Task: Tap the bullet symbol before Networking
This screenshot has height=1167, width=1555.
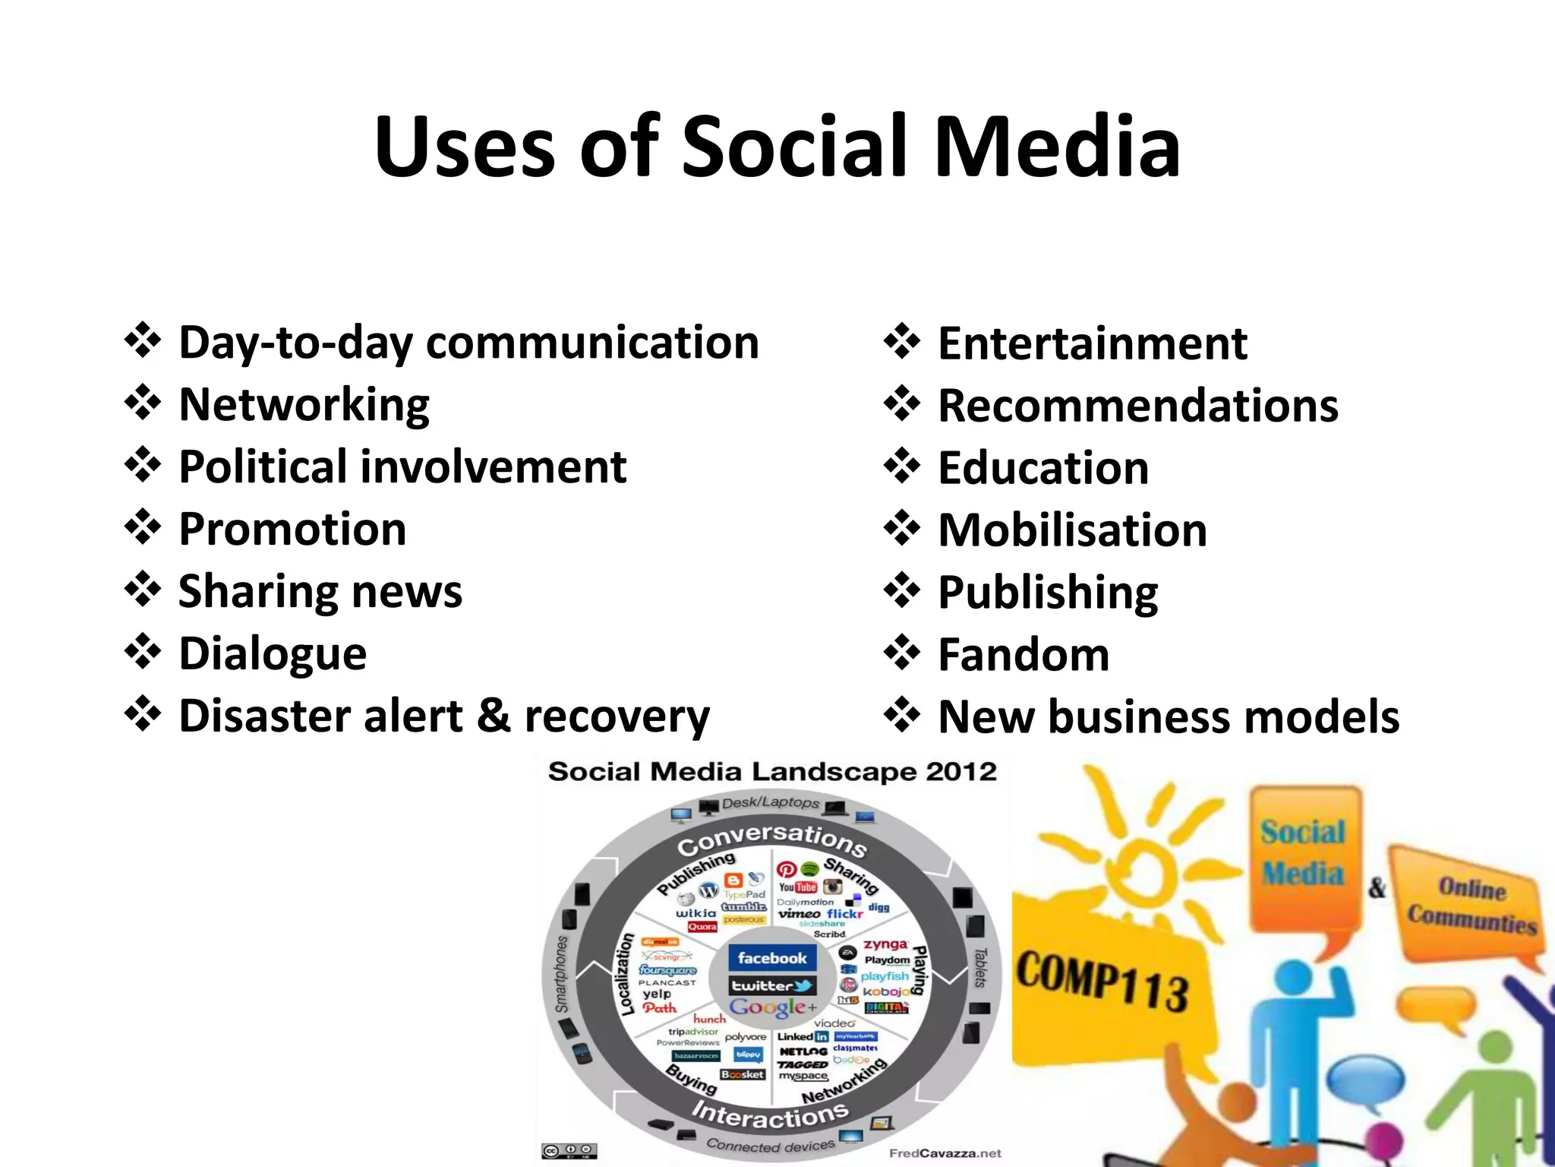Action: pyautogui.click(x=143, y=403)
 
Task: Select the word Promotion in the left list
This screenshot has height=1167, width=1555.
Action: pyautogui.click(x=292, y=529)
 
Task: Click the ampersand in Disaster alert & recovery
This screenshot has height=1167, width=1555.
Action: pyautogui.click(x=494, y=716)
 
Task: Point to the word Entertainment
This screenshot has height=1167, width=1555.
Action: pyautogui.click(x=1093, y=343)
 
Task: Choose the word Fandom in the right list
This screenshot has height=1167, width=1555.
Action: pyautogui.click(x=1024, y=655)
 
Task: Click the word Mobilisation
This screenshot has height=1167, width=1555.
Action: pyautogui.click(x=1072, y=530)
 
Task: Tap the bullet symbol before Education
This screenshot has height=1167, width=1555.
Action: pyautogui.click(x=902, y=466)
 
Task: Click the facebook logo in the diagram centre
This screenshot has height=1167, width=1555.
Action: pyautogui.click(x=771, y=958)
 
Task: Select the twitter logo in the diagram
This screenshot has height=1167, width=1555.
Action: pyautogui.click(x=771, y=986)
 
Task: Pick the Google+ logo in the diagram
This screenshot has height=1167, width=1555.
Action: pyautogui.click(x=773, y=1007)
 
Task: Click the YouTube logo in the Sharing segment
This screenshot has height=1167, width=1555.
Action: pyautogui.click(x=797, y=887)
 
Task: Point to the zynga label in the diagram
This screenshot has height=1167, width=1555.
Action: pyautogui.click(x=885, y=944)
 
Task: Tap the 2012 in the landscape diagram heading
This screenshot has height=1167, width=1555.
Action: pyautogui.click(x=960, y=772)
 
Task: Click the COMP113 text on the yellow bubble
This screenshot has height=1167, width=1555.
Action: pyautogui.click(x=1102, y=981)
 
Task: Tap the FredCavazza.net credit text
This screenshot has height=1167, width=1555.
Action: pyautogui.click(x=945, y=1153)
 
